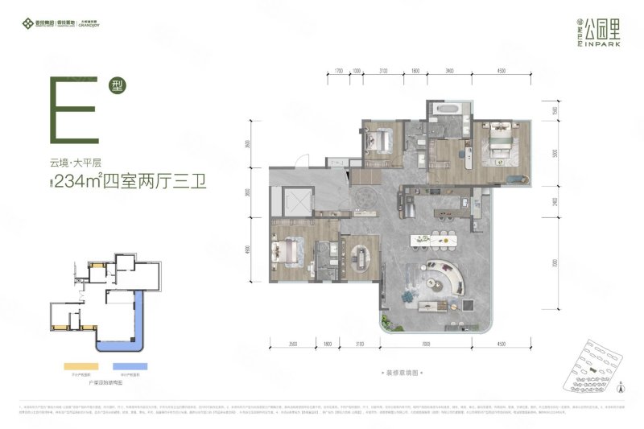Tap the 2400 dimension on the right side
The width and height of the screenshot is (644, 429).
click(555, 203)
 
